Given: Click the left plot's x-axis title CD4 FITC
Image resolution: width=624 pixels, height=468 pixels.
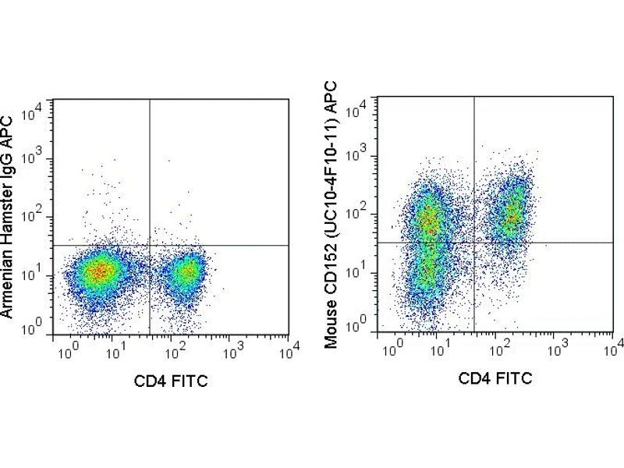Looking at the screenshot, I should point(171,381).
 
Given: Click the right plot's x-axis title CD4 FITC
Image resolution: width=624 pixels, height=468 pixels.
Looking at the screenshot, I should point(496,379).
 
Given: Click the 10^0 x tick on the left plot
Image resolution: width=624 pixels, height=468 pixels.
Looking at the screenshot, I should point(65,353).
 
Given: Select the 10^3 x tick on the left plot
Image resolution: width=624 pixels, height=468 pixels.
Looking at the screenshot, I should point(232,353).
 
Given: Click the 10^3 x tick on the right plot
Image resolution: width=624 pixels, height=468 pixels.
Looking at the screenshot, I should point(556,348).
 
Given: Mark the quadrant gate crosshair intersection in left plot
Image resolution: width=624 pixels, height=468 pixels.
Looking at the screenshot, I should point(149,245).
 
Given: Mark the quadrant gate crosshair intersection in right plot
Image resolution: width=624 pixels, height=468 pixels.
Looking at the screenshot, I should point(474,242).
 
